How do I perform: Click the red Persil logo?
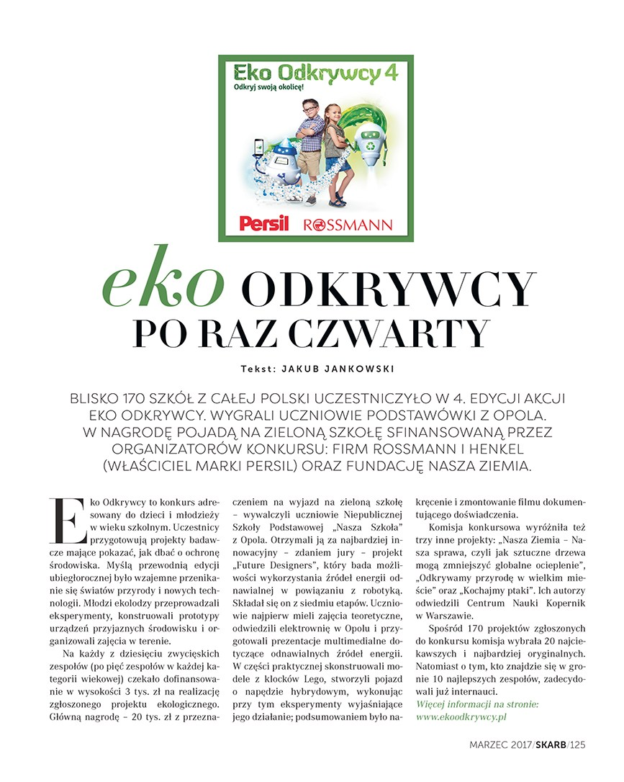[x=263, y=223]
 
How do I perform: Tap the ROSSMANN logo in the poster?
[x=348, y=224]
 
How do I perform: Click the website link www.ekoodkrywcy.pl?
[x=463, y=717]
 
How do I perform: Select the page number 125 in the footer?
[x=576, y=745]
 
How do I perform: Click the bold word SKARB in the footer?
[x=551, y=745]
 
